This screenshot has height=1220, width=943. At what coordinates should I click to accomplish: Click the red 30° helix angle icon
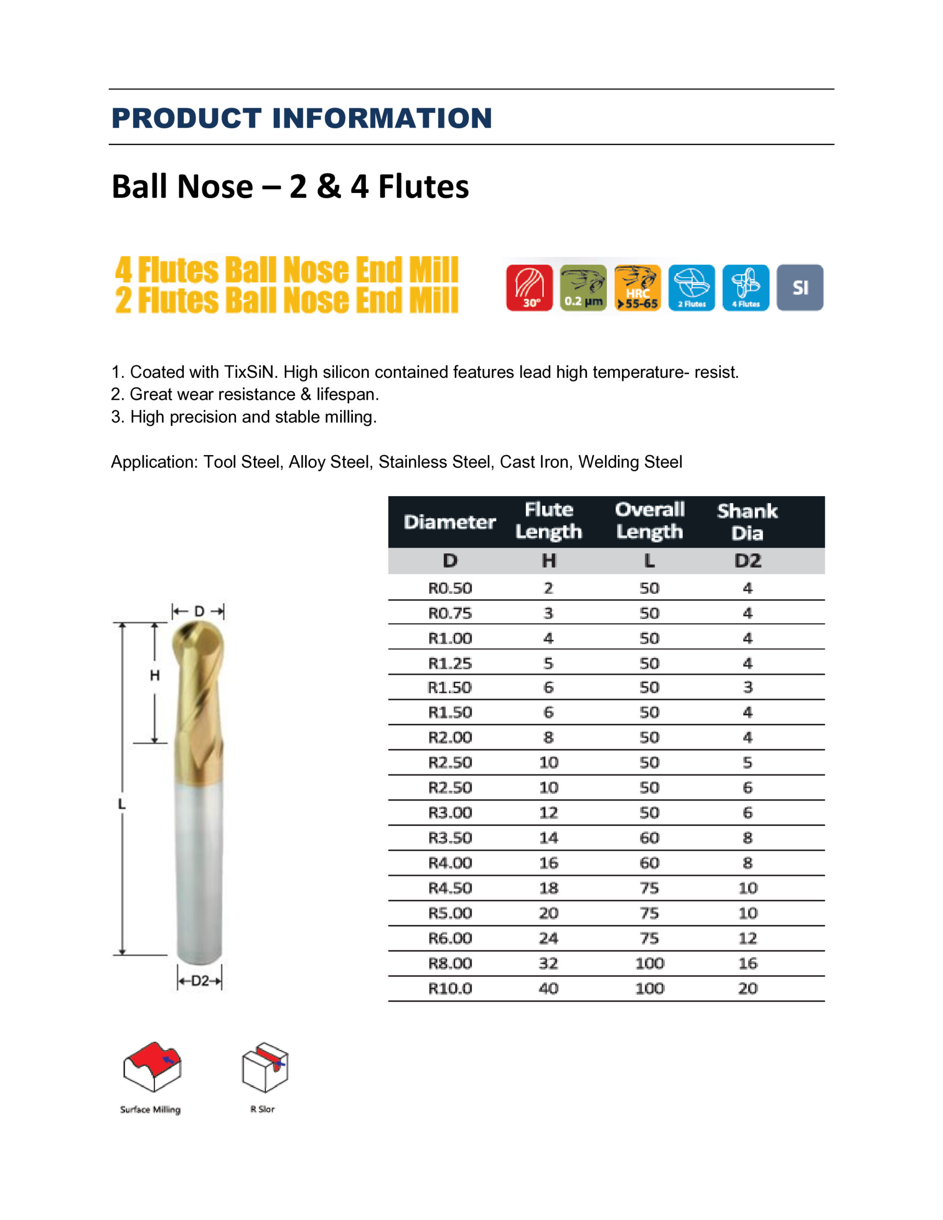[529, 288]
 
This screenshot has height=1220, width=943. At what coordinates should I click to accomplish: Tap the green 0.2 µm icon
[583, 288]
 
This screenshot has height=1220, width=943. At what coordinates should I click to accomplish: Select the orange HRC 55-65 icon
[637, 288]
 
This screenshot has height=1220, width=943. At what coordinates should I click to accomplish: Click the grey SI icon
[799, 288]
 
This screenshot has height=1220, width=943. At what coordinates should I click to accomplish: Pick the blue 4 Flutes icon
[746, 288]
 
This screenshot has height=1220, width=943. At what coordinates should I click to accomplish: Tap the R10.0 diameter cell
[450, 989]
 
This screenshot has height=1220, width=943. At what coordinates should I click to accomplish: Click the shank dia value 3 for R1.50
[748, 688]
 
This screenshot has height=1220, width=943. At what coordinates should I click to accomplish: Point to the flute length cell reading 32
[548, 964]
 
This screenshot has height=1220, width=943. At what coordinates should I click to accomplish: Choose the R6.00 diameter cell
[450, 938]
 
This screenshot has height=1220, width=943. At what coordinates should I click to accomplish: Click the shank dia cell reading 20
[748, 989]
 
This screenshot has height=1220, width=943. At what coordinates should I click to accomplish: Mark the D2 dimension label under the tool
[200, 981]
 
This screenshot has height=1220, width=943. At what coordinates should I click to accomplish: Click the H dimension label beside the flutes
[155, 676]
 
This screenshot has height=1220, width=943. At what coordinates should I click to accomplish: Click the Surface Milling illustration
[152, 1067]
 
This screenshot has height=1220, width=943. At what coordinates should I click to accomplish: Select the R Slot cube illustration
[265, 1067]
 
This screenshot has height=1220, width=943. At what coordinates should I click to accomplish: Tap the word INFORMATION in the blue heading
[381, 118]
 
